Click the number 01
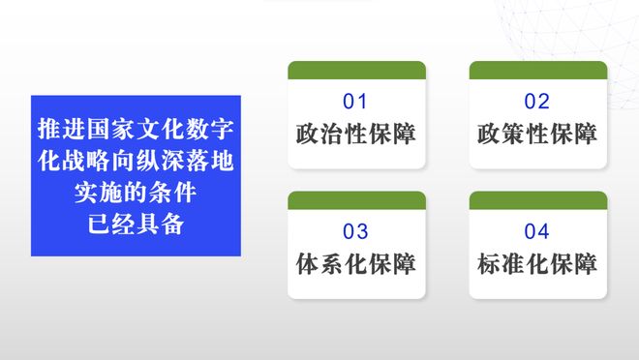(x=356, y=102)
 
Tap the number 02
(x=537, y=102)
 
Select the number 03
(x=356, y=231)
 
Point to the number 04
(x=537, y=231)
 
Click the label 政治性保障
(x=356, y=134)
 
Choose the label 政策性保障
(x=537, y=134)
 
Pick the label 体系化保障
(x=356, y=263)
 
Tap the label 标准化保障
(x=537, y=263)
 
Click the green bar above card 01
(x=356, y=70)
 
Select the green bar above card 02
(x=538, y=70)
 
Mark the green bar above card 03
(x=356, y=200)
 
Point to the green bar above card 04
(x=538, y=200)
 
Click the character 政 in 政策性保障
(x=489, y=134)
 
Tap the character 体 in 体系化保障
(x=308, y=263)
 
